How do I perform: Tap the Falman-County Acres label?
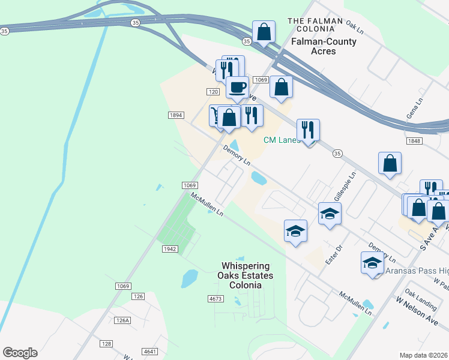tap(324, 46)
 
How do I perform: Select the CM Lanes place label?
tap(282, 140)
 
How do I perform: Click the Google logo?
tap(20, 353)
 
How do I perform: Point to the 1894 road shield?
tap(175, 115)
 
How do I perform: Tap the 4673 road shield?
tap(215, 298)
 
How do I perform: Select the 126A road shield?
tap(122, 320)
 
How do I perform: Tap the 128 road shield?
tap(106, 344)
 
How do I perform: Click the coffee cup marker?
tap(237, 88)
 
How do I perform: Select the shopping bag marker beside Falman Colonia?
tap(264, 32)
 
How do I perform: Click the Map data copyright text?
tap(424, 355)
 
